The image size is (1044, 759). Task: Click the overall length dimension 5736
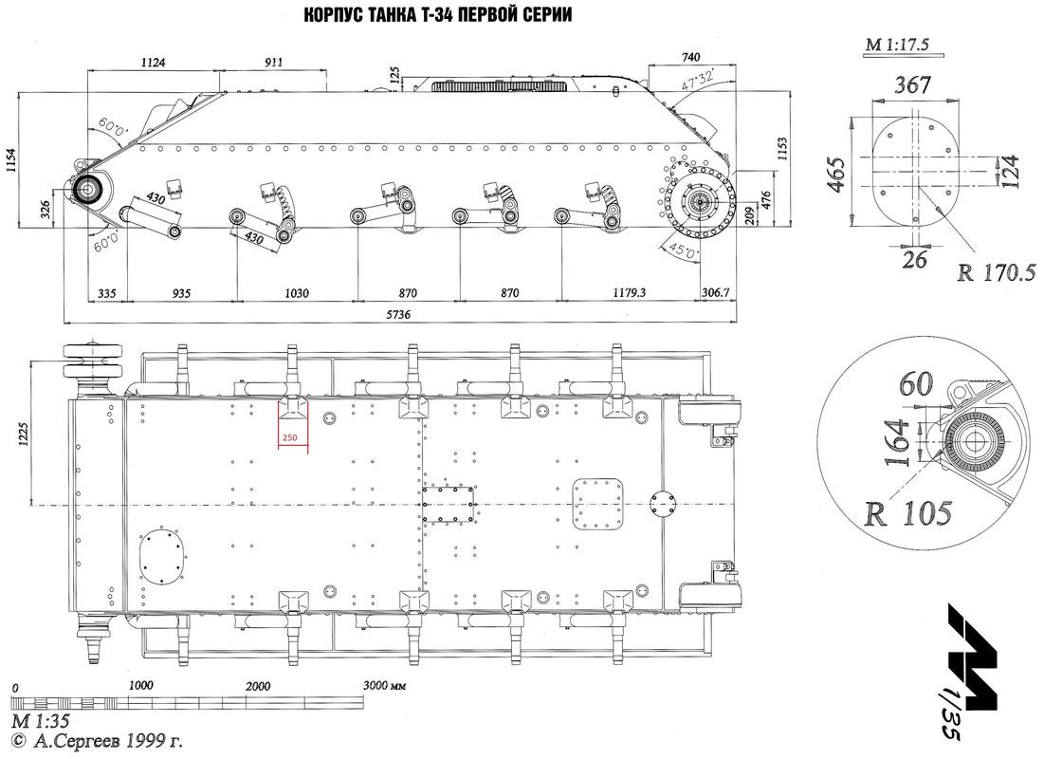(397, 315)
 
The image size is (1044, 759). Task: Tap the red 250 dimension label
(289, 437)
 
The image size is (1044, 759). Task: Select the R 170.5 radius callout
(997, 272)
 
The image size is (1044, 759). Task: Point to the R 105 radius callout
(908, 513)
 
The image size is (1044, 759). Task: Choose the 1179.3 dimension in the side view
(629, 292)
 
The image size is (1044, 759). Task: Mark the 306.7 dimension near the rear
(716, 292)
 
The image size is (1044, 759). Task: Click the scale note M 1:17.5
(897, 45)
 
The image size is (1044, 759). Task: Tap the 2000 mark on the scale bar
(258, 686)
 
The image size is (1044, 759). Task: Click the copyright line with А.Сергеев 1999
(98, 740)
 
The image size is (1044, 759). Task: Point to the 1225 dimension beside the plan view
(24, 434)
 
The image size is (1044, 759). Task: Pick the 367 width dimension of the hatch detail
(913, 85)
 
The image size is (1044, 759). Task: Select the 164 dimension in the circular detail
(898, 442)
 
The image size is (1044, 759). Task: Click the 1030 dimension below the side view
(296, 292)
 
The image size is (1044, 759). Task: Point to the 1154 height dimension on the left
(11, 160)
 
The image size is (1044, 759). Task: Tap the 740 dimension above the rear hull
(691, 57)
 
